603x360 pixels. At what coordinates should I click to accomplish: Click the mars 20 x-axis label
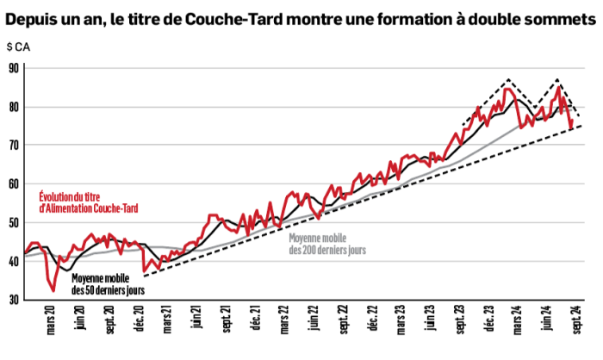[x=51, y=328]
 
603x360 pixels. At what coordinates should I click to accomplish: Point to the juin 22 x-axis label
[x=315, y=328]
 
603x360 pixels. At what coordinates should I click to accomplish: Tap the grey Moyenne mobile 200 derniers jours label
[x=327, y=244]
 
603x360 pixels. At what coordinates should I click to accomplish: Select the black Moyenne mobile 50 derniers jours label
[x=106, y=283]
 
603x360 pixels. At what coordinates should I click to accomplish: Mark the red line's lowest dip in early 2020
[x=53, y=291]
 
